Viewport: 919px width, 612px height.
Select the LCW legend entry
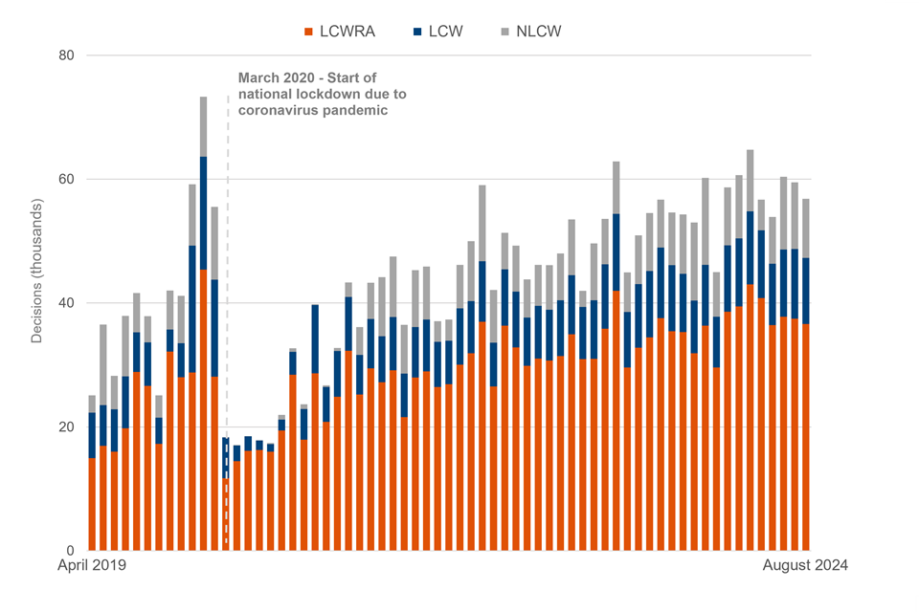pos(446,32)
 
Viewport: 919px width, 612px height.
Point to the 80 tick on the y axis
pos(66,55)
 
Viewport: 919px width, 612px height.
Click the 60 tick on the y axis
pos(66,179)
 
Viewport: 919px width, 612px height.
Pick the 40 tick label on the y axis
pos(66,303)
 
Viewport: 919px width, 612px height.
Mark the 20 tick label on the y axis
pos(66,426)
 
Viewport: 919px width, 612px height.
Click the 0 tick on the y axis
pos(70,551)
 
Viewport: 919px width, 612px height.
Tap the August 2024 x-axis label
pos(804,565)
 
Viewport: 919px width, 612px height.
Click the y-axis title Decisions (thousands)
pos(36,271)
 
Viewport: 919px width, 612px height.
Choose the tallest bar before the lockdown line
pos(203,325)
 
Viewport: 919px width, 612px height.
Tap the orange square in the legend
pos(308,32)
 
